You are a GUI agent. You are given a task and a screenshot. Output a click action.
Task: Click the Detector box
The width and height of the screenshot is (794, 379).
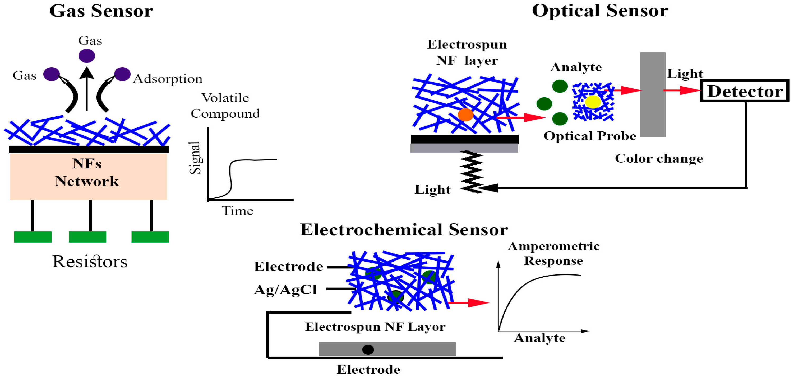[744, 91]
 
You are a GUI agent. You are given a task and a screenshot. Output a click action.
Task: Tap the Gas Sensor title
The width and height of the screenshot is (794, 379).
[101, 11]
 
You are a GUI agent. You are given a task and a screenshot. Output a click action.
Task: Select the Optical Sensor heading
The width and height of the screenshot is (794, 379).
[600, 11]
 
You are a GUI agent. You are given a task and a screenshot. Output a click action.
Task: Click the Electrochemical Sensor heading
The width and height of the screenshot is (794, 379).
[404, 230]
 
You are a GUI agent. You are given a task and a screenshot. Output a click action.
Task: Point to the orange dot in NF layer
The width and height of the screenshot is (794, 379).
[465, 115]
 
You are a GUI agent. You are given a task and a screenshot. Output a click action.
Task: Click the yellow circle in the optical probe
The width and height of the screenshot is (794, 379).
[592, 102]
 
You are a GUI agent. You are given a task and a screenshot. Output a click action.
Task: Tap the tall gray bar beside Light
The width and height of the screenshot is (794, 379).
[653, 94]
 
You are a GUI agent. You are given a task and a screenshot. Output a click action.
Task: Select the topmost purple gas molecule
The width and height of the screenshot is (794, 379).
[87, 56]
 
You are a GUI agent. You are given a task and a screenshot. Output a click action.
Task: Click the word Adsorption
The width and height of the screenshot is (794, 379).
[168, 79]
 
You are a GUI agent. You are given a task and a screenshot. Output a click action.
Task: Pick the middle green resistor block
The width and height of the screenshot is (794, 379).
[87, 237]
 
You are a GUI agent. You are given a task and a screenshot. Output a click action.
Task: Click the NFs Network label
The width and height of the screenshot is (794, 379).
[87, 172]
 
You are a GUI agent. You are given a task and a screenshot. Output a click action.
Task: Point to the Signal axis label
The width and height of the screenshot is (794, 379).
[195, 158]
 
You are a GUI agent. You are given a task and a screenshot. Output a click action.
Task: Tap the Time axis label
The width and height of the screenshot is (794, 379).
[237, 211]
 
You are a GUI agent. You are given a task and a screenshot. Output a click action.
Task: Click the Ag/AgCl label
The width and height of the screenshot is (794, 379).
[285, 290]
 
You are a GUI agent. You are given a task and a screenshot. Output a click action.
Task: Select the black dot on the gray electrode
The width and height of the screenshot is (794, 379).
[368, 349]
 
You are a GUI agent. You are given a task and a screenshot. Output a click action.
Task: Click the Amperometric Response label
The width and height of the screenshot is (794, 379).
[553, 253]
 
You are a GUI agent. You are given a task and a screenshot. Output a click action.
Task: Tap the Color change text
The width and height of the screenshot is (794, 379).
[659, 159]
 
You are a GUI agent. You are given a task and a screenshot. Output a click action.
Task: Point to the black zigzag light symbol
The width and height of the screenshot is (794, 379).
[471, 172]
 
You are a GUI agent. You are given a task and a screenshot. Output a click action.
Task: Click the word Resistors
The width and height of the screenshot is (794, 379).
[90, 262]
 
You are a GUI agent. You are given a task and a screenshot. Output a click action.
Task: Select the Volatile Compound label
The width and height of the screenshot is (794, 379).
[225, 106]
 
